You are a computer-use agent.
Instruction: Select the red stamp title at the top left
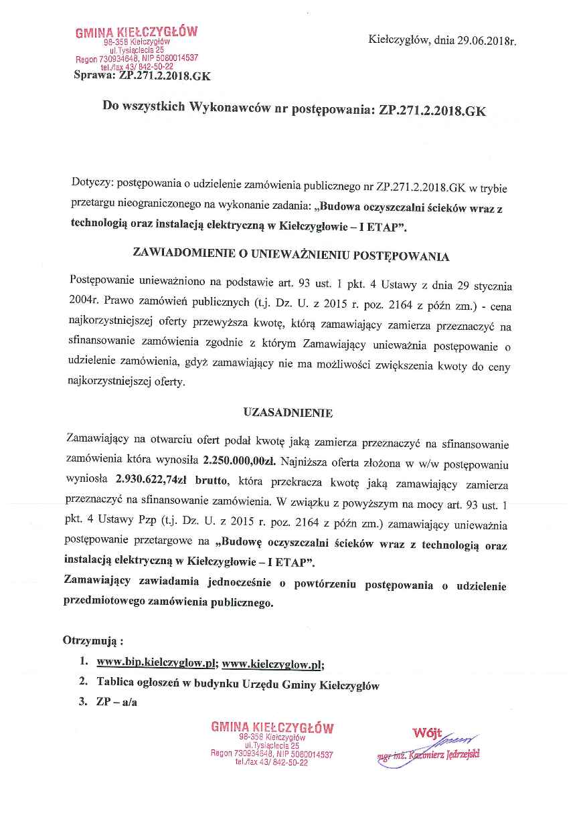(137, 31)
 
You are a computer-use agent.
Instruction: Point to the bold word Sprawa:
(95, 76)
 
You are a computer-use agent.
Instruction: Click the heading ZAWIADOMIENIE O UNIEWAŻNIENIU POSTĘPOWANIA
(291, 255)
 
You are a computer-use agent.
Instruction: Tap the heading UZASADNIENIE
(288, 413)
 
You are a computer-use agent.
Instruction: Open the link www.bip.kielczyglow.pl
(155, 664)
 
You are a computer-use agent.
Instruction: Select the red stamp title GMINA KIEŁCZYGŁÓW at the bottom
(272, 727)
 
